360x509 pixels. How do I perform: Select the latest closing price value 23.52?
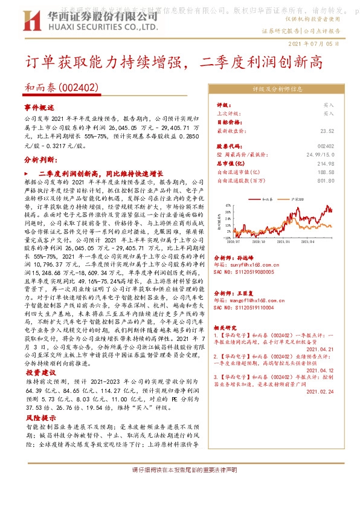pyautogui.click(x=327, y=130)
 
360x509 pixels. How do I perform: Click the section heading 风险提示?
pyautogui.click(x=39, y=417)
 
